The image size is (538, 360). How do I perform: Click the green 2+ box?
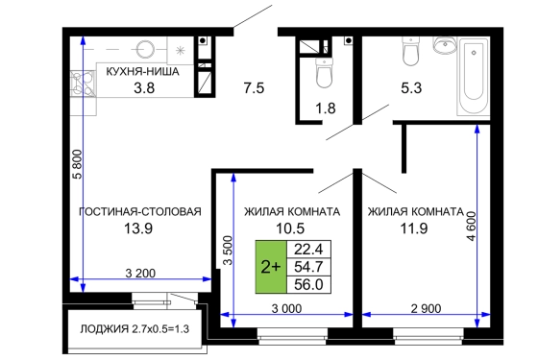point(271,267)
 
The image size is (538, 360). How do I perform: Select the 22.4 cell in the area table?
point(308,250)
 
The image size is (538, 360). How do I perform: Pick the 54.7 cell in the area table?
point(308,267)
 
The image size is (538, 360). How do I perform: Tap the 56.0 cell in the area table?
point(308,284)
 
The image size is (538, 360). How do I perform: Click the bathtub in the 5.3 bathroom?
point(474,77)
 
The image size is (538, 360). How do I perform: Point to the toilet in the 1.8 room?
point(325,72)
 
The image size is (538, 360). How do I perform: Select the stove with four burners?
point(83,82)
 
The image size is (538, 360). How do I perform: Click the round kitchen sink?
point(145,49)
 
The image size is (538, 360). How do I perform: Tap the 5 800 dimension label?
point(78,164)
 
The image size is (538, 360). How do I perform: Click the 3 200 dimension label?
point(140,274)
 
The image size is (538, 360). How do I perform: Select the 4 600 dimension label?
point(472,227)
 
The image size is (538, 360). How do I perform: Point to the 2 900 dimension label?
point(427,308)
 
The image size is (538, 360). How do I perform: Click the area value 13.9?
point(138,228)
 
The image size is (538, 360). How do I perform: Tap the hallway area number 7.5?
point(254,87)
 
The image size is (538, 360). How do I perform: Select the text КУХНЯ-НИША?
point(143,72)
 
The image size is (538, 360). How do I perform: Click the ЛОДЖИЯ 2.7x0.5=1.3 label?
point(134,329)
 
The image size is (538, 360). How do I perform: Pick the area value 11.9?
point(414,228)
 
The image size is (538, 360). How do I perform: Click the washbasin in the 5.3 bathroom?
point(445,45)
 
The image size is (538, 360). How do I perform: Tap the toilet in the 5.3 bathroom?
point(411,51)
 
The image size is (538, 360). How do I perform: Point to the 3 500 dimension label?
point(228,250)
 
